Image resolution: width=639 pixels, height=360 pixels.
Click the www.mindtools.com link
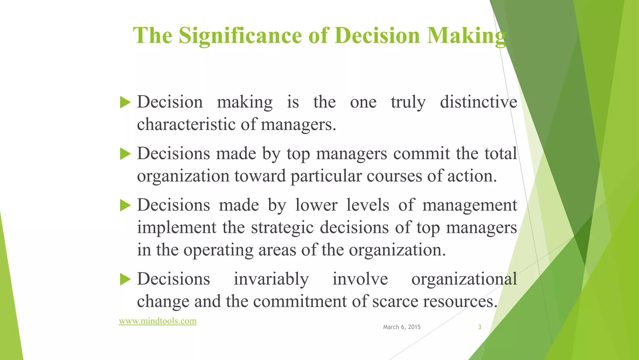158,321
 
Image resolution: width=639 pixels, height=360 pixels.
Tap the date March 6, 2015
402,327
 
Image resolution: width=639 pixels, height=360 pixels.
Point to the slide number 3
480,327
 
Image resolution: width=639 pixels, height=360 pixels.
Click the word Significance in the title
240,35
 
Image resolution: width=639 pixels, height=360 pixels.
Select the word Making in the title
466,35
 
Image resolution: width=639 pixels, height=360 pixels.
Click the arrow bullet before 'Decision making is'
125,102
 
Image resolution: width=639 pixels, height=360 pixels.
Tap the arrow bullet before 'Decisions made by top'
125,154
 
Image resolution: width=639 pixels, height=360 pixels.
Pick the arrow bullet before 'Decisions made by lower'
125,205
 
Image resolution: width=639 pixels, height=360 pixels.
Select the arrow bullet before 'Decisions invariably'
125,279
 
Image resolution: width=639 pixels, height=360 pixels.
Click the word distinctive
478,102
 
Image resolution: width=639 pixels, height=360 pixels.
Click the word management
470,205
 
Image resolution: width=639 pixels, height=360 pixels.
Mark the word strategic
282,228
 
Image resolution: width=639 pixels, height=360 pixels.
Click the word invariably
271,279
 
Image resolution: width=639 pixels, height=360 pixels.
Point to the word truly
408,102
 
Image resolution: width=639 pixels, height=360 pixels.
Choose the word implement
176,228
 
